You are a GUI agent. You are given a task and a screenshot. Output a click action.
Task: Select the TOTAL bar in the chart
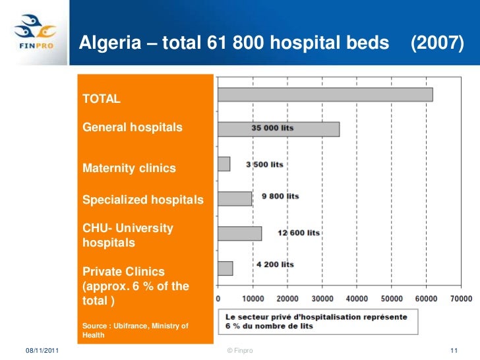pyautogui.click(x=325, y=94)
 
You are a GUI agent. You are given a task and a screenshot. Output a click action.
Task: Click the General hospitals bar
pyautogui.click(x=278, y=129)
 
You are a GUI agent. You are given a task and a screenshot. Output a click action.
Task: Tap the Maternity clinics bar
pyautogui.click(x=224, y=164)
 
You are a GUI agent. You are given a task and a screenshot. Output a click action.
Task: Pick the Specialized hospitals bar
pyautogui.click(x=235, y=198)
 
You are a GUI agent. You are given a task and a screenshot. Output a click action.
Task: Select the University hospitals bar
pyautogui.click(x=239, y=233)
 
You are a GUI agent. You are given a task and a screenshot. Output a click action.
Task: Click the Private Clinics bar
pyautogui.click(x=225, y=268)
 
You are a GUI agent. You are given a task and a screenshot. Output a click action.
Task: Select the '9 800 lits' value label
pyautogui.click(x=280, y=196)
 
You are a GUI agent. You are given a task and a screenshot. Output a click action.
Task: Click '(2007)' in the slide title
pyautogui.click(x=437, y=44)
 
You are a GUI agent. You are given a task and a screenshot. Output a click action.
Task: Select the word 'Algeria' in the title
pyautogui.click(x=104, y=44)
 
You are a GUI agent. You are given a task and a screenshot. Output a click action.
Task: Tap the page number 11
pyautogui.click(x=453, y=349)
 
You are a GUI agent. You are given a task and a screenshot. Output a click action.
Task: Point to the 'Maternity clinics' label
pyautogui.click(x=129, y=168)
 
